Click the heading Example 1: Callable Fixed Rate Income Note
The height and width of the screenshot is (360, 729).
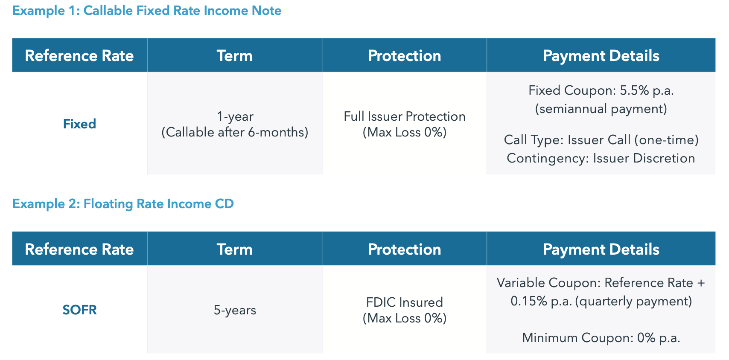(147, 11)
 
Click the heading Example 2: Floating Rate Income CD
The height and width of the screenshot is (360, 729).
(123, 204)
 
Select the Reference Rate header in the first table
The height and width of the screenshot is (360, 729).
(79, 56)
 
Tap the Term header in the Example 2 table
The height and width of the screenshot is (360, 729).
(234, 250)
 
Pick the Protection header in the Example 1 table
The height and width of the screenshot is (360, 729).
(404, 56)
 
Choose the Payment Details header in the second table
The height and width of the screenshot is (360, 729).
(601, 250)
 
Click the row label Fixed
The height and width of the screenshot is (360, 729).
(79, 124)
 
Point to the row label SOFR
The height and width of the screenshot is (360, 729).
(79, 310)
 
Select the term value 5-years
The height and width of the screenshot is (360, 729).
(235, 310)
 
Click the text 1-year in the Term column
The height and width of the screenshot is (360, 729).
(235, 116)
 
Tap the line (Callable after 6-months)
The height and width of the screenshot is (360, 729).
(235, 132)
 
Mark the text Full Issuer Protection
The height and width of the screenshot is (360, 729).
(404, 116)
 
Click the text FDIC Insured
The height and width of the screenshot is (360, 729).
(404, 302)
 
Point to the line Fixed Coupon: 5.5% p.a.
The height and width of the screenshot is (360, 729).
(601, 90)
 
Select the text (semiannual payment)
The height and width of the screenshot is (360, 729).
(601, 109)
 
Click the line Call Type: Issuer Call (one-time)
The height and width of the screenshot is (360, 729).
(601, 140)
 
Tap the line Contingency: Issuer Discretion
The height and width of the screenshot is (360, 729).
(601, 158)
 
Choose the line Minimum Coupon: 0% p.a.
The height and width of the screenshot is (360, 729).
(601, 338)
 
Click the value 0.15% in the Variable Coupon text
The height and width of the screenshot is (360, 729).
(529, 302)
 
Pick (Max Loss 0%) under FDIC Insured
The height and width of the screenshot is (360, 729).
(404, 318)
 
